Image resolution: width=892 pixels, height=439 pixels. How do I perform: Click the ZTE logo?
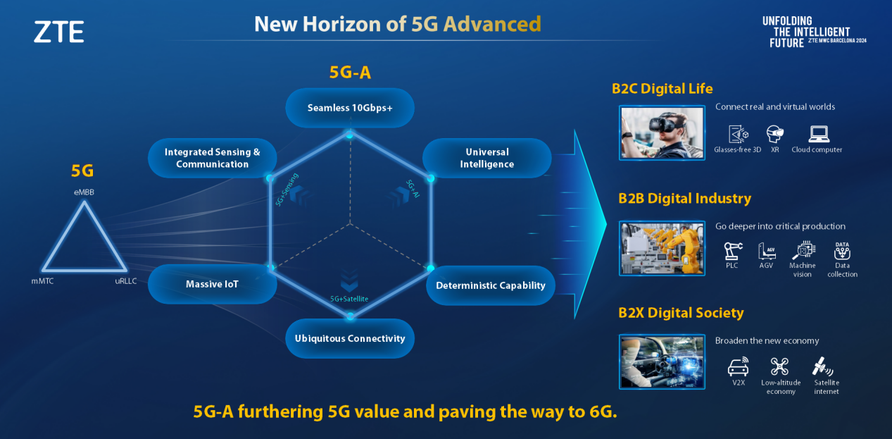coord(59,32)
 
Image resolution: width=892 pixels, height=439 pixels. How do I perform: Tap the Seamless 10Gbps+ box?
coord(350,108)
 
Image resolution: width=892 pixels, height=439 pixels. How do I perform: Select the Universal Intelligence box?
coord(487,158)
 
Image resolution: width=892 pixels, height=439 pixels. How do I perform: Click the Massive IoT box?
coord(212,284)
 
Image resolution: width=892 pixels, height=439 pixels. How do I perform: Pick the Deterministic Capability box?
coord(491,285)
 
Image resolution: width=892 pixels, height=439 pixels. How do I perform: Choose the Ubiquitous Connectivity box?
coord(350,338)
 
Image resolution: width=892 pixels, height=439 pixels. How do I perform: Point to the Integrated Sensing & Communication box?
coord(212,158)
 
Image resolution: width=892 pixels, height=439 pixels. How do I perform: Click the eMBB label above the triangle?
coord(84,192)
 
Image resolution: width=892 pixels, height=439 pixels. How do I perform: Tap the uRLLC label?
coord(126,281)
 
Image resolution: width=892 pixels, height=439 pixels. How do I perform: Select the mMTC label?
coord(43,281)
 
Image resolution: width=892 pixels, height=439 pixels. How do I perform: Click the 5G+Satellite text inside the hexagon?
coord(349,299)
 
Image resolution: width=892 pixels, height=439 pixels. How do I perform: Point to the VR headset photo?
coord(662,132)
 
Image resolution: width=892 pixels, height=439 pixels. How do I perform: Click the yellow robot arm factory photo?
coord(662,249)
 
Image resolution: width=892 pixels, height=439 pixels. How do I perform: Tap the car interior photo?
coord(662,361)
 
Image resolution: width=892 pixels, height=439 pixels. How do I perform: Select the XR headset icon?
coord(775,134)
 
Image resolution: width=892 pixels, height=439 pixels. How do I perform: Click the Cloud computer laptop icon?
coord(819,134)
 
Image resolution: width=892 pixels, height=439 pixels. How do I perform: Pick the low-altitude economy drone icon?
coord(779,366)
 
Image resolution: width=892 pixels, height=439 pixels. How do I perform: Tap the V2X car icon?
coord(739,367)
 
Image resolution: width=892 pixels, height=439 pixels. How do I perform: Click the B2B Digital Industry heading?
coord(684,198)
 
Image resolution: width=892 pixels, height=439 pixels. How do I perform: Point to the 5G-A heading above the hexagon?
coord(350,73)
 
